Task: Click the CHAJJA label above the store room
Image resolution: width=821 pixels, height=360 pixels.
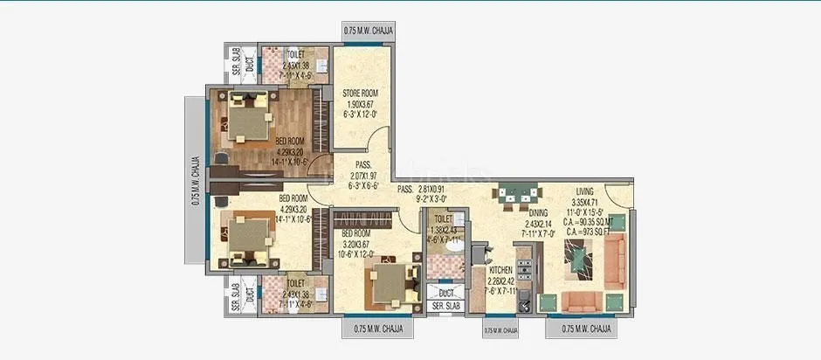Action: coord(369,31)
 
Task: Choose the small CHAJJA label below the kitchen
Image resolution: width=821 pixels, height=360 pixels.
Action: coord(500,331)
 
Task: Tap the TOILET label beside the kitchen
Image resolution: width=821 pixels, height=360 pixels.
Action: coord(444,219)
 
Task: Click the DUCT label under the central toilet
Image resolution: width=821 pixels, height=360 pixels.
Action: coord(445,294)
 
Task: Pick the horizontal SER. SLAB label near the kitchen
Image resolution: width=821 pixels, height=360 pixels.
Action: coord(445,307)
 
